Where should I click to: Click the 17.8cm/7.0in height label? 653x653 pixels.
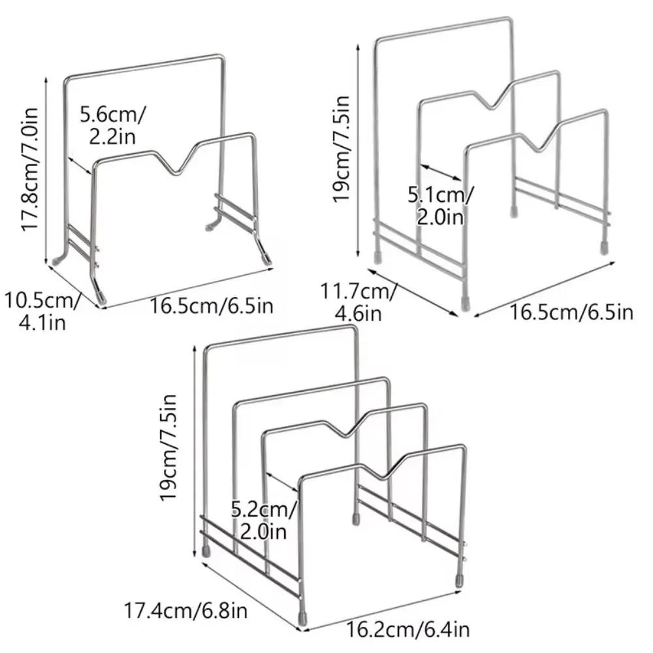[30, 169]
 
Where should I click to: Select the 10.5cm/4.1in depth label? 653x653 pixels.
[42, 311]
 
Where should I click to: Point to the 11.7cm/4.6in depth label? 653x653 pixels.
[358, 302]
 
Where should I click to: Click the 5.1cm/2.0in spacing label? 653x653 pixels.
[441, 206]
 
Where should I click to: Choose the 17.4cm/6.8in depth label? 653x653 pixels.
[185, 611]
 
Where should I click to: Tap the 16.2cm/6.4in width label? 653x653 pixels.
[407, 629]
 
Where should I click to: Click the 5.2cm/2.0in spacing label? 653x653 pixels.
[264, 520]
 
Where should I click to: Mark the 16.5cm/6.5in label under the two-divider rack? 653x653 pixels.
[212, 306]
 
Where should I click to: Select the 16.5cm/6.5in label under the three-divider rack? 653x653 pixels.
[571, 312]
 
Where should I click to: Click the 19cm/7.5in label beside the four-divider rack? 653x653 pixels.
[168, 447]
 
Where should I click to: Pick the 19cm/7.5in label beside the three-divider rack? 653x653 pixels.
[341, 149]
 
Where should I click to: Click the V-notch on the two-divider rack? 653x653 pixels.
[178, 170]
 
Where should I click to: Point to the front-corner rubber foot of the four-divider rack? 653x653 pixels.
[302, 617]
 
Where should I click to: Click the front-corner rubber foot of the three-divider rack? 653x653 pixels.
[465, 303]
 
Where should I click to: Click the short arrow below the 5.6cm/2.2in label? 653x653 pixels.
[80, 165]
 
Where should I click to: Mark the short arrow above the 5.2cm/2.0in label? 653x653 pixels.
[282, 482]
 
